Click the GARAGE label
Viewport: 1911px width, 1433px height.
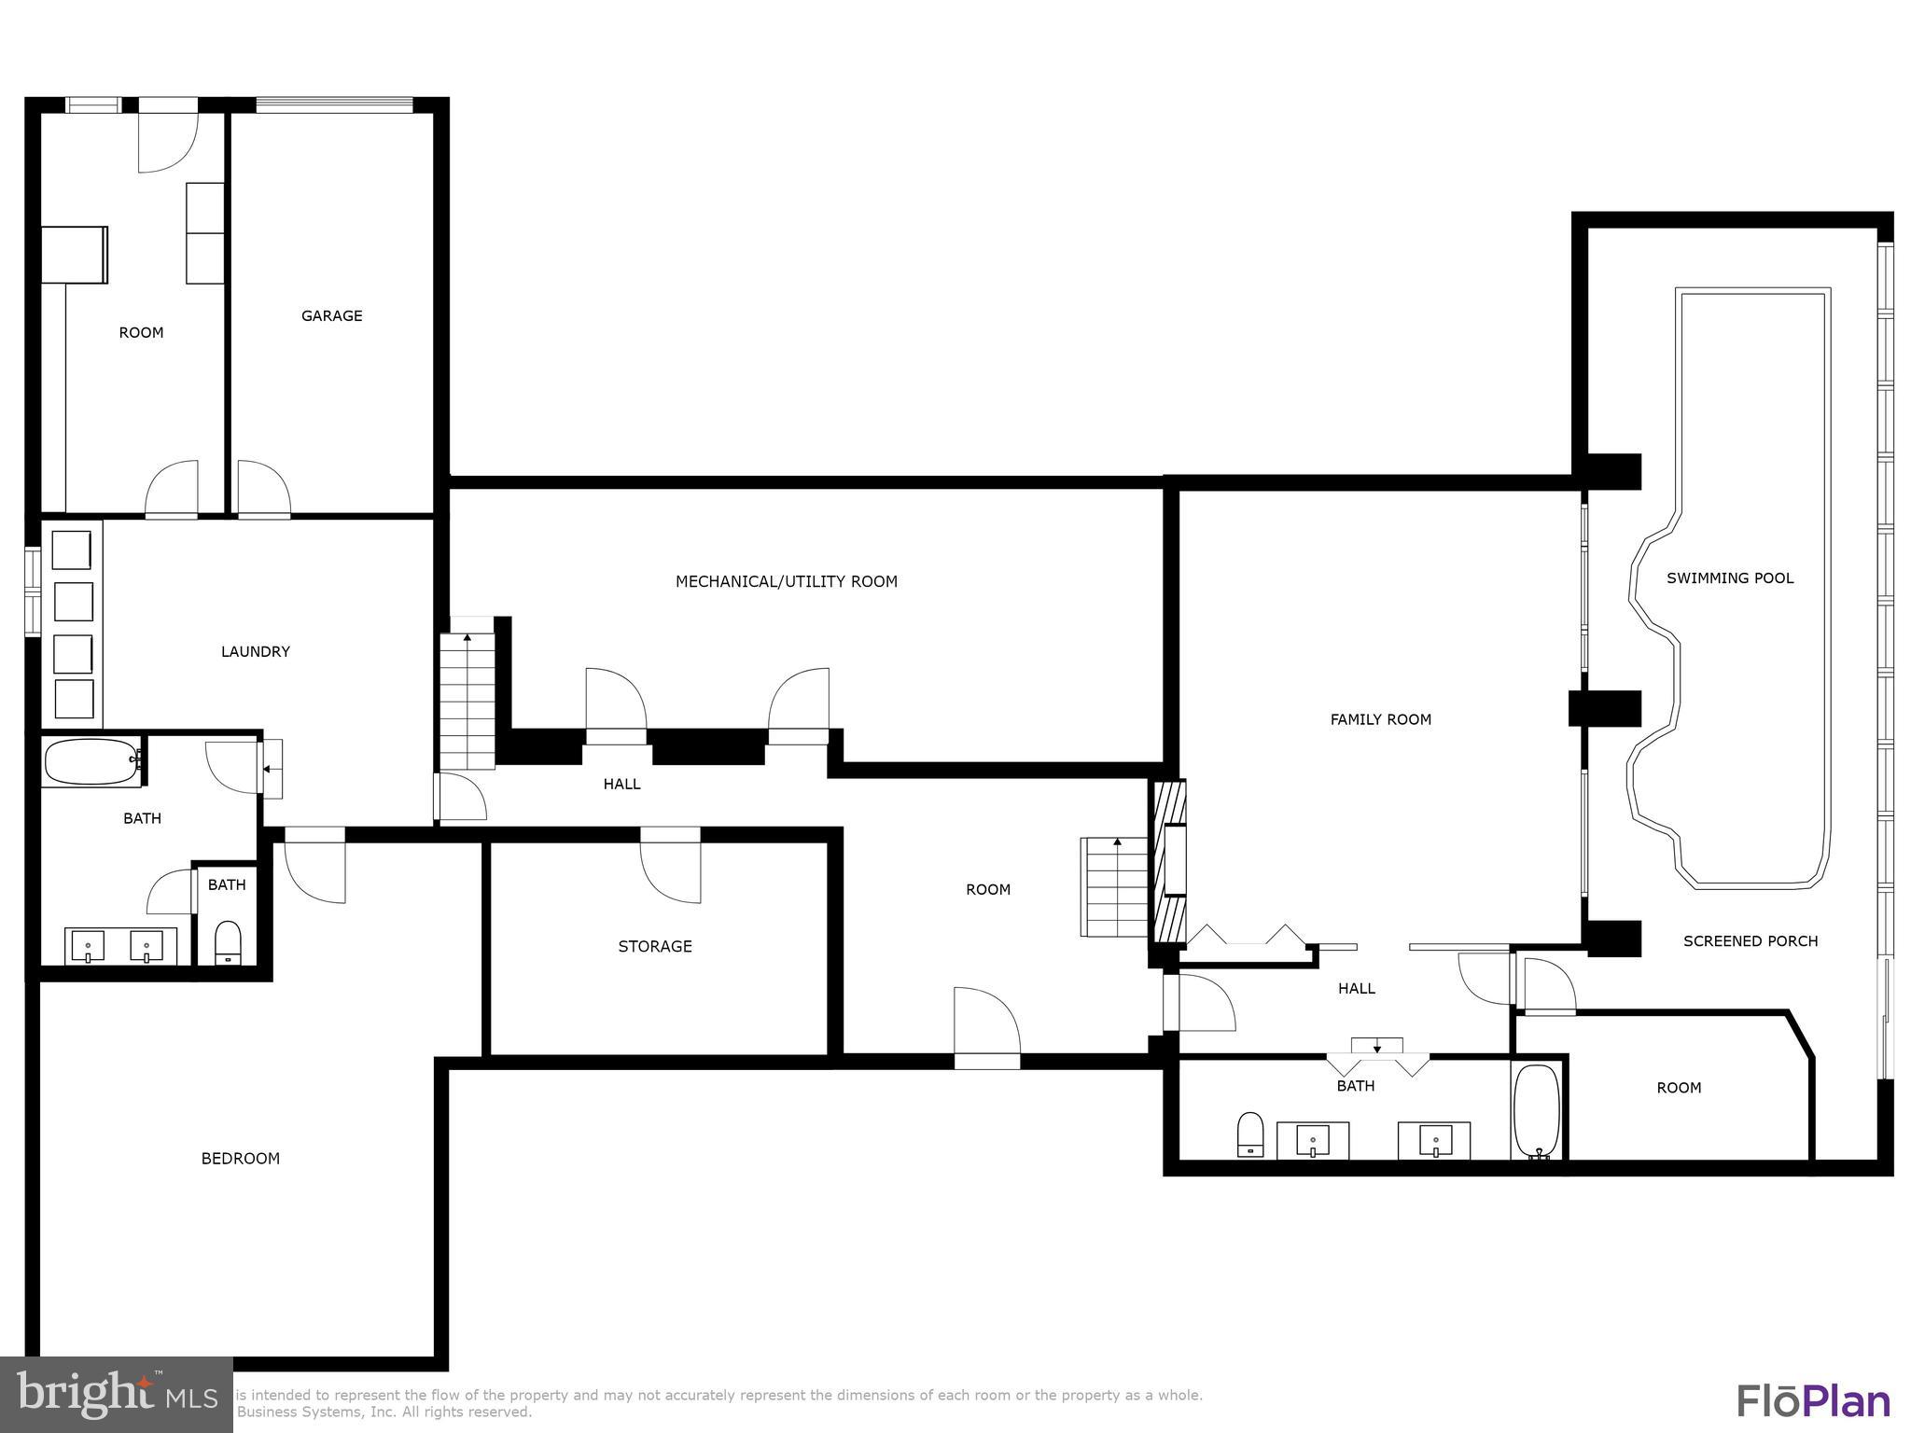tap(331, 316)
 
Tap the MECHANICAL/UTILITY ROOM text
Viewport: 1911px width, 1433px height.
tap(786, 582)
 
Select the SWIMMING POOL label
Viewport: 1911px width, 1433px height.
tap(1729, 578)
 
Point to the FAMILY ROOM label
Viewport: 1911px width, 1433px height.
tap(1380, 719)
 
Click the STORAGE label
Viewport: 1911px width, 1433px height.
tap(654, 947)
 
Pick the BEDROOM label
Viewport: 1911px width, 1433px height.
tap(240, 1159)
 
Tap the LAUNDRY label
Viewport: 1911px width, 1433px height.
tap(255, 652)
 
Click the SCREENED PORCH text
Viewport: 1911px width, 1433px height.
tap(1750, 941)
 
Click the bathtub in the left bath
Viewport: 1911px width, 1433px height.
tap(91, 762)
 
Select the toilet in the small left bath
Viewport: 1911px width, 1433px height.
tap(228, 943)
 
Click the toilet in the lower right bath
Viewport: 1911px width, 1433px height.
tap(1249, 1134)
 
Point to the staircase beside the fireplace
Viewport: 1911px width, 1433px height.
tap(1115, 886)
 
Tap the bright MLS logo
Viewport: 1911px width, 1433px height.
tap(116, 1395)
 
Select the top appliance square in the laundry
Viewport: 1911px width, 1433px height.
tap(72, 550)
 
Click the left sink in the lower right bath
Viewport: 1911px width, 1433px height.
tap(1313, 1140)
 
